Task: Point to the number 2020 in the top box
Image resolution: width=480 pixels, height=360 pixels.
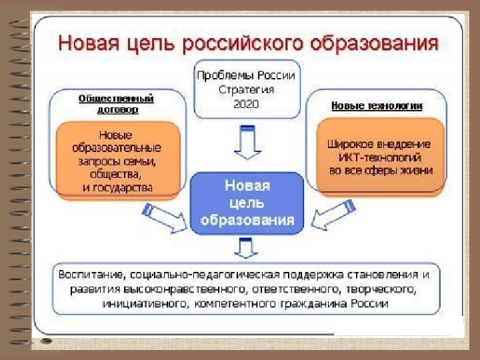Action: click(246, 104)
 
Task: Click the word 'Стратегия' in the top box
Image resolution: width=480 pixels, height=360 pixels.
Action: click(246, 89)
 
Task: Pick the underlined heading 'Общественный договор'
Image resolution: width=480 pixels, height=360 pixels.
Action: click(117, 103)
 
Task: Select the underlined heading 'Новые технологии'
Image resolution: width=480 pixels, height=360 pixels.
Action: click(377, 106)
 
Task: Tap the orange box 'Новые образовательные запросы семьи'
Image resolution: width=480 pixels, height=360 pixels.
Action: click(117, 160)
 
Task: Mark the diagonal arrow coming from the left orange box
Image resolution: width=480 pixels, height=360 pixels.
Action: click(163, 217)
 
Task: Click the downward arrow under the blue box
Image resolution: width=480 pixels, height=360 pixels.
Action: click(247, 250)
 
